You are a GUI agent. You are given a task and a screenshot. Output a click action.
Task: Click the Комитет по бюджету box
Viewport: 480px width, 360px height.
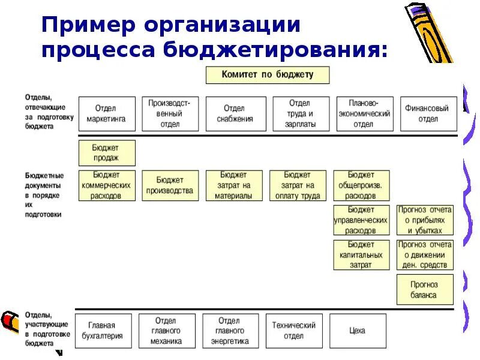(x=268, y=75)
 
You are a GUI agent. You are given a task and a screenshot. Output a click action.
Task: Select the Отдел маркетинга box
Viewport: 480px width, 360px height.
(x=106, y=114)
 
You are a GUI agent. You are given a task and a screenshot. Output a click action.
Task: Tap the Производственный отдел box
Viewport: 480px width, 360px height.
(x=170, y=114)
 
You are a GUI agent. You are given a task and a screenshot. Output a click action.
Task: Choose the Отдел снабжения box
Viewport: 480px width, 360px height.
(x=234, y=114)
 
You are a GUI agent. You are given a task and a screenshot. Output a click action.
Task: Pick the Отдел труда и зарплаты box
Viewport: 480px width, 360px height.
(x=301, y=114)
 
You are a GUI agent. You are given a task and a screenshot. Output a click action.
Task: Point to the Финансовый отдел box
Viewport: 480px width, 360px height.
(x=428, y=114)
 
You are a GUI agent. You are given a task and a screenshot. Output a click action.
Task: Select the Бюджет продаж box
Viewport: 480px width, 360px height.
(x=107, y=153)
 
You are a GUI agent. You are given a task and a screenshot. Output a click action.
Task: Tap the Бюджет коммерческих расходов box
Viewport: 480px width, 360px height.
(x=107, y=185)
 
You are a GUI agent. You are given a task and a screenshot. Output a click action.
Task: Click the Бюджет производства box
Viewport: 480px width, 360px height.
(x=170, y=185)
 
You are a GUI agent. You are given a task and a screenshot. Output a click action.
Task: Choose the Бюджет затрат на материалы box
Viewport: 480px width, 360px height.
(x=233, y=185)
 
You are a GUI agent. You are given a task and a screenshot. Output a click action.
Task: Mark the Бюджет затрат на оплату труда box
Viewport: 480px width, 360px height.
(x=298, y=185)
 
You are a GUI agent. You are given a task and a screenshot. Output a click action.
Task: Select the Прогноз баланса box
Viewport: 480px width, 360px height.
(x=424, y=289)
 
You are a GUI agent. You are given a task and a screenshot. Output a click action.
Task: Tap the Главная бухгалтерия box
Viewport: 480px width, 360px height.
(x=103, y=331)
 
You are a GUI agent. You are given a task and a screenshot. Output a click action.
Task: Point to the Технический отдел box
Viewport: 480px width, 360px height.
(x=293, y=331)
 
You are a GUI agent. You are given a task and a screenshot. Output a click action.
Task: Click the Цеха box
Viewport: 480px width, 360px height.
(x=358, y=331)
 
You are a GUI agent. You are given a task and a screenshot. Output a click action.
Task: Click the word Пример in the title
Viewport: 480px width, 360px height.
(x=87, y=25)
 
